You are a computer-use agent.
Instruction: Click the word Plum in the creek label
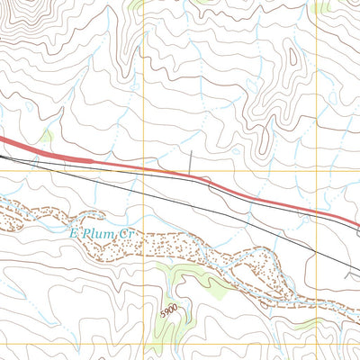95,233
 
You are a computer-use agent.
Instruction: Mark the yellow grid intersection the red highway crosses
144,168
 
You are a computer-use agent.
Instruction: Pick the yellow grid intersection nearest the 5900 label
144,344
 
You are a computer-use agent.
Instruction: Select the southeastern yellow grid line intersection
318,344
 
